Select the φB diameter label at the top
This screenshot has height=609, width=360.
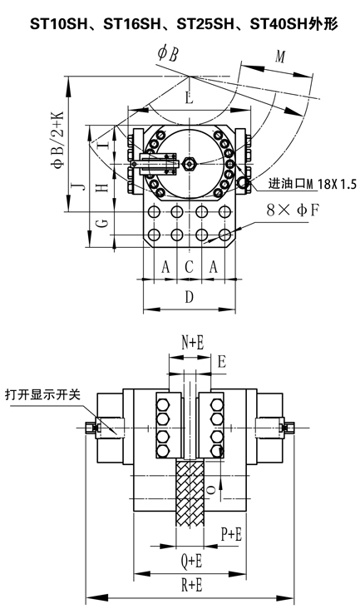pos(168,53)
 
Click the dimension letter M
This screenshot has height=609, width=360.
pos(280,57)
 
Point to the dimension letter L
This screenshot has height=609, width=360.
pos(189,97)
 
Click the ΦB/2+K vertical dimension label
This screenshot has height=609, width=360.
pos(57,140)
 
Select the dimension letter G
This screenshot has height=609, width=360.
pos(101,223)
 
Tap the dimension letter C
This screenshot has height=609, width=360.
pos(189,267)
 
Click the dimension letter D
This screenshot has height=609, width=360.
pos(189,297)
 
